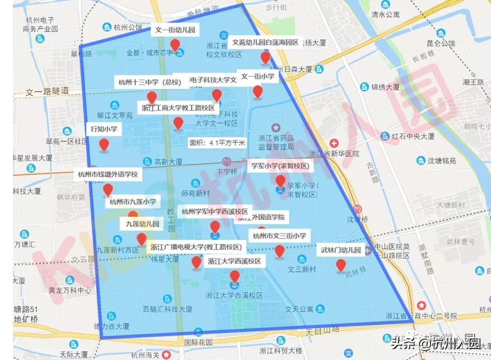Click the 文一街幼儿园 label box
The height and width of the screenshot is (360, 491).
point(175,30)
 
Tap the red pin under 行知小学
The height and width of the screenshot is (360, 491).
point(104,144)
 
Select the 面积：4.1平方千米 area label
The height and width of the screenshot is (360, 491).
point(217,142)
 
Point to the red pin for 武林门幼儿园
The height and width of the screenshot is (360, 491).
point(341,265)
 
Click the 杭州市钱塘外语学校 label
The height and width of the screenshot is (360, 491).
point(107,175)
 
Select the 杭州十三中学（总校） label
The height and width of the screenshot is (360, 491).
point(150,82)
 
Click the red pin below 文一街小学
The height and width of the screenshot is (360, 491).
point(257,91)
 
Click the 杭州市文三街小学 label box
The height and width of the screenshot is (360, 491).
point(279,236)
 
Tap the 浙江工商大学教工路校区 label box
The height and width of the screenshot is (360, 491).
point(178,107)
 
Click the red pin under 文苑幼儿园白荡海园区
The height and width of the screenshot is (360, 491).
point(265,58)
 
